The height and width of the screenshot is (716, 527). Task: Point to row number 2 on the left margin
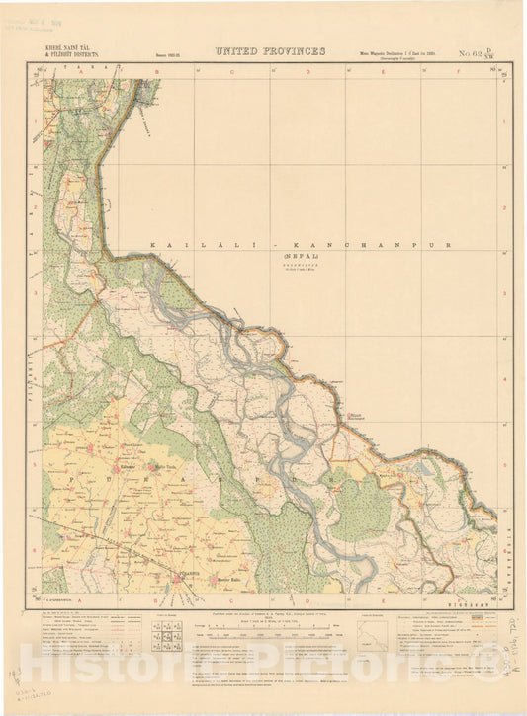pyautogui.click(x=36, y=208)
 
